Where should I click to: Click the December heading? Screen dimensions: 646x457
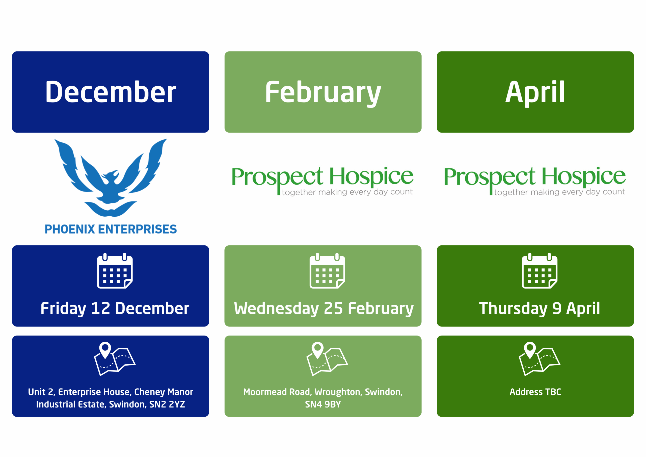coord(111,92)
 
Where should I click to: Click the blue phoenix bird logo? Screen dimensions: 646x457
coord(111,178)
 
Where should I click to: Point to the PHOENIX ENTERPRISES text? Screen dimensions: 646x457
coord(111,229)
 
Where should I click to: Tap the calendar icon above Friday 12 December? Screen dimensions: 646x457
coord(115,271)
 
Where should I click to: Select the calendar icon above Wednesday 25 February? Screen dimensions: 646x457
coord(327,271)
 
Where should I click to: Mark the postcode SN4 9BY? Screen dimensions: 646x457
coord(323,404)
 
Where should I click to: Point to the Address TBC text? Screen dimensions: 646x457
coord(535,392)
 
